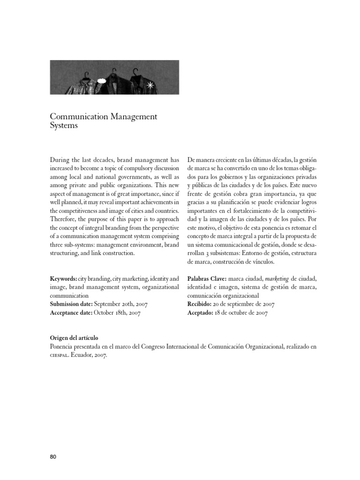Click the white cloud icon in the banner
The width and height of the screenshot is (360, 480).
coord(101,81)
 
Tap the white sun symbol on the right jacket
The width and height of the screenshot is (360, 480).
coord(150,85)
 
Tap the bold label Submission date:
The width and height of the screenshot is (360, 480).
coord(72,304)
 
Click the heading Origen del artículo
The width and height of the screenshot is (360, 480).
coord(74,338)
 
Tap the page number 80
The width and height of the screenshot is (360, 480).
coord(53,457)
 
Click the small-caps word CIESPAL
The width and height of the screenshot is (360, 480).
coord(60,355)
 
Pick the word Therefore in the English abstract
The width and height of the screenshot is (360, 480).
coord(66,218)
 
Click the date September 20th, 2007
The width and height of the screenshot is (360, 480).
coord(121,304)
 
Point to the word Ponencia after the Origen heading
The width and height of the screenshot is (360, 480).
coord(63,346)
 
